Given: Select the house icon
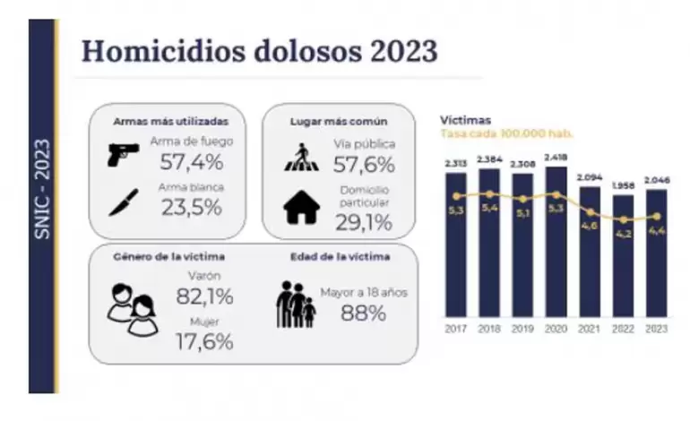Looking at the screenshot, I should (301, 208).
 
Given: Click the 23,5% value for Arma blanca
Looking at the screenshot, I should (191, 209).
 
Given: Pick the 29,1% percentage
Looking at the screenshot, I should (363, 220).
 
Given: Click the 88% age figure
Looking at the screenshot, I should (363, 313).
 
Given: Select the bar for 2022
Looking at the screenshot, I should (623, 255).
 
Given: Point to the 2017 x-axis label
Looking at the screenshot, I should (456, 329).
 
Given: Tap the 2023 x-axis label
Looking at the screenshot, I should (657, 329).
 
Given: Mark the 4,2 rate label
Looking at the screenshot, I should (624, 236).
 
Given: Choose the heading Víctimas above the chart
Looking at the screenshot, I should (465, 119).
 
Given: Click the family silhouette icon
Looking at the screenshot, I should (295, 305).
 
